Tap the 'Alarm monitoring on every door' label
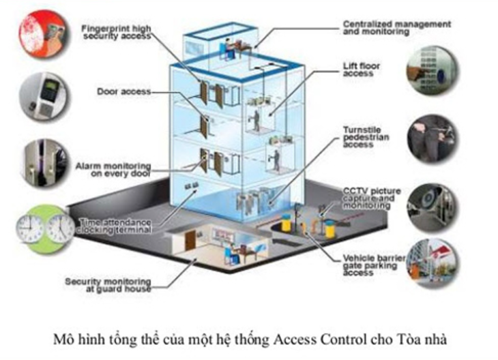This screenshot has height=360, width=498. (113, 168)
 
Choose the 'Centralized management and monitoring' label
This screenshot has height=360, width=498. (396, 27)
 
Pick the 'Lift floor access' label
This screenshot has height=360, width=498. (361, 70)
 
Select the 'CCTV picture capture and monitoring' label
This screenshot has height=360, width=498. (371, 198)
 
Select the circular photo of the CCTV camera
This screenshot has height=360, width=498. (433, 202)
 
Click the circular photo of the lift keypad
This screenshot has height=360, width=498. (433, 70)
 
